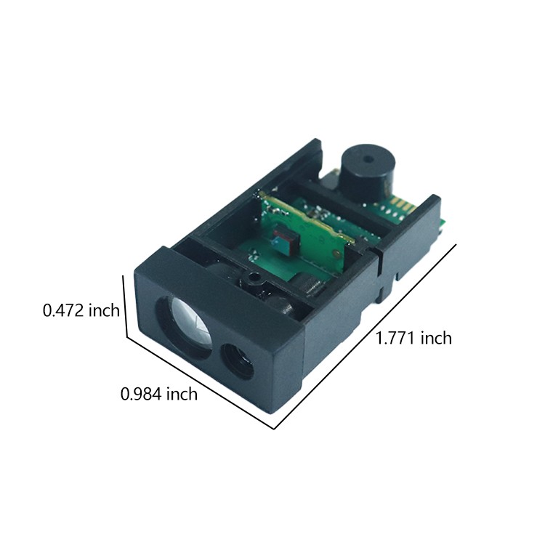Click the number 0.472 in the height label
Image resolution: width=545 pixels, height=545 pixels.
(x=65, y=311)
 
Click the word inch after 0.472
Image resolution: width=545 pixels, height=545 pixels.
(x=105, y=311)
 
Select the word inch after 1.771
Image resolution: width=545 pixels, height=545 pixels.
(x=437, y=338)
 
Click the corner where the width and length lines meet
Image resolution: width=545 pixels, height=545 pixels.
(x=275, y=429)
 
